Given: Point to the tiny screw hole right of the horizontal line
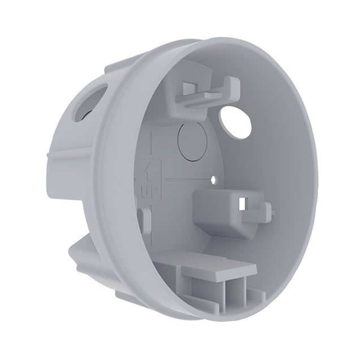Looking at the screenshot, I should coord(214,180).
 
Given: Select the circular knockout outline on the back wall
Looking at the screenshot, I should coord(191,137).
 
